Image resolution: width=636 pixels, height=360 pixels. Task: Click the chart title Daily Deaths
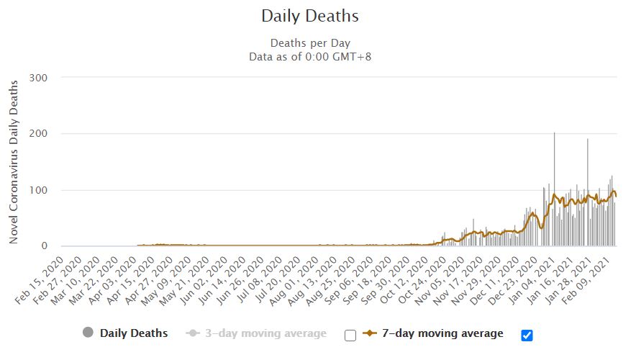[x=309, y=16]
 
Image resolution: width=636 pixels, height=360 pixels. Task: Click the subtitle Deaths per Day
[x=309, y=42]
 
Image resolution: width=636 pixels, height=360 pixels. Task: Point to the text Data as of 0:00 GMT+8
[x=309, y=56]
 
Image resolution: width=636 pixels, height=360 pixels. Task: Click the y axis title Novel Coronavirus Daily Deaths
[x=14, y=162]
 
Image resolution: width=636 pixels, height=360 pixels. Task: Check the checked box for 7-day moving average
[x=527, y=334]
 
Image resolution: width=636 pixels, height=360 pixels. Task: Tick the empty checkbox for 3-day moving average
[x=350, y=334]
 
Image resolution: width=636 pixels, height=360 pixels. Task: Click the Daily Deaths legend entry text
[x=134, y=333]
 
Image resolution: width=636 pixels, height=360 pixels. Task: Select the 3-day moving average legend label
[x=267, y=333]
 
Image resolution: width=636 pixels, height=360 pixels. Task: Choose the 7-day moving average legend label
[x=442, y=333]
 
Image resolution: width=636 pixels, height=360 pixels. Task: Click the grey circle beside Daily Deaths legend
[x=88, y=333]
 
